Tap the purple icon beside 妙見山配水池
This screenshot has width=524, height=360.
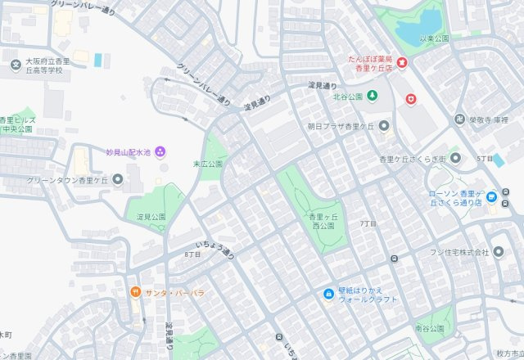[160, 151]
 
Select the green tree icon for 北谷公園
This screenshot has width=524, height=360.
[373, 97]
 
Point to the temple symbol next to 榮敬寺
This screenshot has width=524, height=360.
[459, 119]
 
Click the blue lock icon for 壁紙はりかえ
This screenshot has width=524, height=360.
[328, 294]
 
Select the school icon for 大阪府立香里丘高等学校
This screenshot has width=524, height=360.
[15, 65]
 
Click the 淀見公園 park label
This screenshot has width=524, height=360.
[151, 217]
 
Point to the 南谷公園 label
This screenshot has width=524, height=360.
[429, 328]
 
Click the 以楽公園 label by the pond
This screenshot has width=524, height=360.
[435, 38]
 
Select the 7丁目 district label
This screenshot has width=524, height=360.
[368, 223]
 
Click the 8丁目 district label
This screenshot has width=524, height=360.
[192, 254]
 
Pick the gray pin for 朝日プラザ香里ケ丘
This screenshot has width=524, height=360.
[384, 126]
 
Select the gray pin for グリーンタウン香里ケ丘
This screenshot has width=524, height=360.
[118, 179]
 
